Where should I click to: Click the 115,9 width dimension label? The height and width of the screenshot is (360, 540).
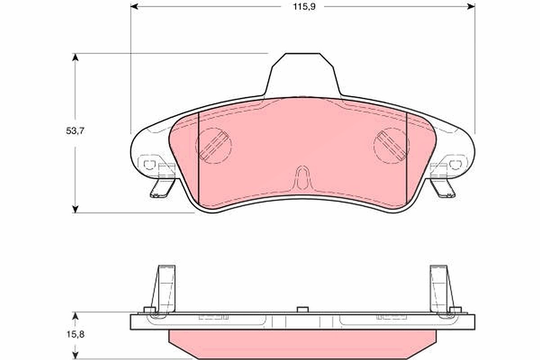point(304,7)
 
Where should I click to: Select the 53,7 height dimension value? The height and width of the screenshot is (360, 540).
point(75,131)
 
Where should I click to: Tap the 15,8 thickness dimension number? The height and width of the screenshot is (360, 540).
point(75,334)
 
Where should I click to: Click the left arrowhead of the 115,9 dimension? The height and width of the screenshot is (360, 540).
point(134,6)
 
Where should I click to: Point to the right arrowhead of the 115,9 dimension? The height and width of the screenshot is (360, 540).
point(471,6)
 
